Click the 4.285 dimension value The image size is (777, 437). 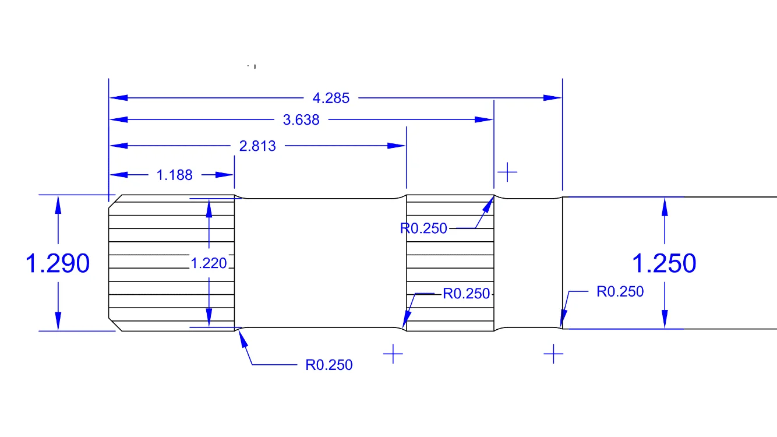point(331,98)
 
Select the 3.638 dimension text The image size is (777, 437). point(301,120)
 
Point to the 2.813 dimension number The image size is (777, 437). point(257,146)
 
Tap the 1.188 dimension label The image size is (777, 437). point(175,175)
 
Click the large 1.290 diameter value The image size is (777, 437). point(58,264)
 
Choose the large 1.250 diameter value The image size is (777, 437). point(664,264)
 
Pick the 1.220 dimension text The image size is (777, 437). point(209,263)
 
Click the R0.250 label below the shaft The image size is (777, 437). point(329,365)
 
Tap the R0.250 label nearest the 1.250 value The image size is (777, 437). point(620,291)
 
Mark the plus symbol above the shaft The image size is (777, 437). point(508,172)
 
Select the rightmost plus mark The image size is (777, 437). point(553,354)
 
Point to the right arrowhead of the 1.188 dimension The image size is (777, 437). point(225,175)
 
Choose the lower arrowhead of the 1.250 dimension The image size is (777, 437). point(665,320)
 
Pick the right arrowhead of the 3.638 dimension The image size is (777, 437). point(484,120)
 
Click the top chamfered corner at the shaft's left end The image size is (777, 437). point(114,199)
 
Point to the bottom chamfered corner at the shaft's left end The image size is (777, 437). point(115,325)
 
